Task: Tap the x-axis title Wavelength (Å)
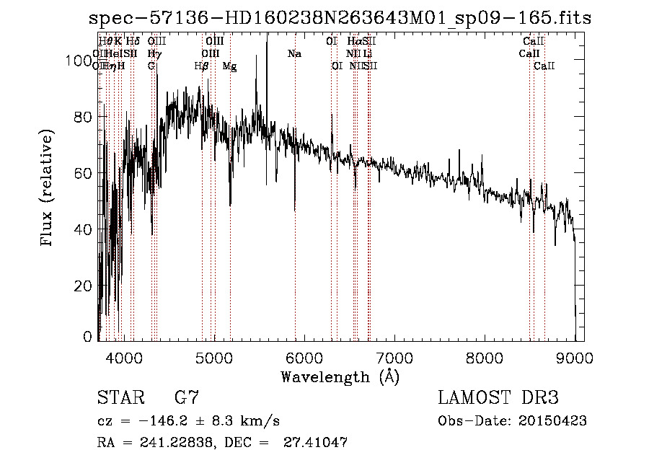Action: coord(340,376)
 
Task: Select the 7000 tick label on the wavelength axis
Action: coord(395,357)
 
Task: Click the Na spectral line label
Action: coord(294,54)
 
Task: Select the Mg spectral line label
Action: coord(229,66)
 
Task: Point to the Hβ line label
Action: coord(202,66)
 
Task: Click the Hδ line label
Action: coord(133,42)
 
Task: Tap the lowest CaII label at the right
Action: coord(544,66)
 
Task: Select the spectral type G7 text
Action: coord(186,397)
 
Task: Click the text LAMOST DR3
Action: coord(498,397)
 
